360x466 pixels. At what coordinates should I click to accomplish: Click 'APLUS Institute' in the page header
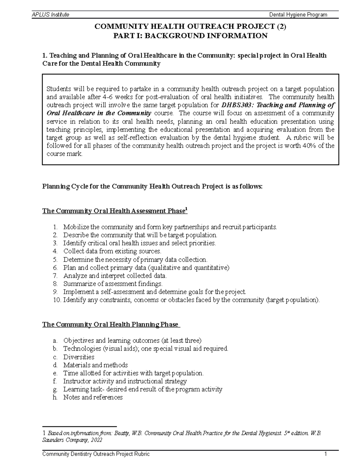[50, 15]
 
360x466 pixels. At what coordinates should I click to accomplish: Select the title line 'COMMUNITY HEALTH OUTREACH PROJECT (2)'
[190, 27]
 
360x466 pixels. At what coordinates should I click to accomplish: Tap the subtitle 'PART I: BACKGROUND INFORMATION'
[190, 36]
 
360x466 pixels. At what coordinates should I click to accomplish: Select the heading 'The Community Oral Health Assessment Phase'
[113, 211]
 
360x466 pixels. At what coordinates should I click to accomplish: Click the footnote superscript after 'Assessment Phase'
[186, 209]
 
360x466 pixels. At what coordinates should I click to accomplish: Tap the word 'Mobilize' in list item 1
[76, 227]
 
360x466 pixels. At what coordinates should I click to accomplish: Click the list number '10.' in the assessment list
[57, 300]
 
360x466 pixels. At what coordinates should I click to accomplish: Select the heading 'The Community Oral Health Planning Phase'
[110, 325]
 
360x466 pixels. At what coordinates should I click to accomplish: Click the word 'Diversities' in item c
[79, 357]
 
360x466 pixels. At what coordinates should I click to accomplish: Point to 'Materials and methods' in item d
[95, 365]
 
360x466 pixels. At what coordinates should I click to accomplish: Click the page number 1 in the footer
[325, 454]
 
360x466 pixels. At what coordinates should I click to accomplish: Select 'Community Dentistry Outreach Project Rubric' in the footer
[96, 454]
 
